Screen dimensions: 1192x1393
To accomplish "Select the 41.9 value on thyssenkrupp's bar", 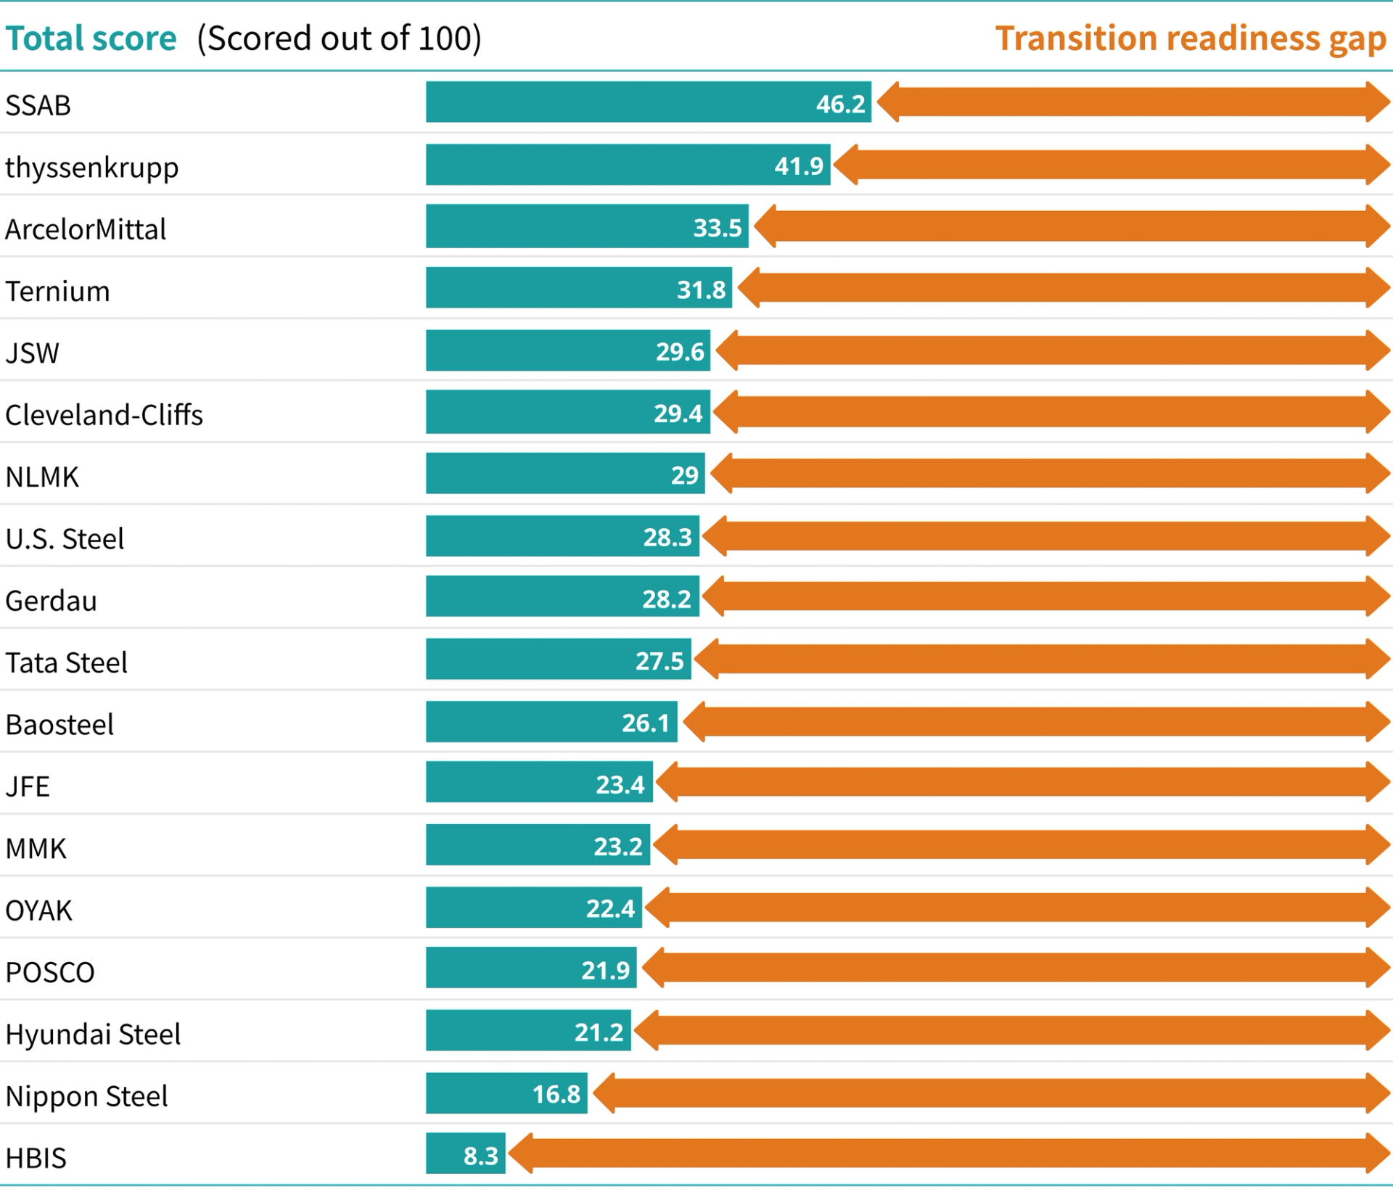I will [799, 166].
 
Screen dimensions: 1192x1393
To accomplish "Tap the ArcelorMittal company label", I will [86, 229].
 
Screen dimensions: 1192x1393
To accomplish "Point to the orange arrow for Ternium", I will [1064, 288].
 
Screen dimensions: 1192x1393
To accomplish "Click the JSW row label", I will [33, 353].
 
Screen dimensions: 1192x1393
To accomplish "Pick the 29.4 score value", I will [678, 414].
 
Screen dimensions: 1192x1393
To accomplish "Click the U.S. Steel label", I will [65, 539].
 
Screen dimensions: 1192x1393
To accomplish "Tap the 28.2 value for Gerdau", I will [666, 599].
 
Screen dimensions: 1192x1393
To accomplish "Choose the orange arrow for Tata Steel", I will [1042, 659].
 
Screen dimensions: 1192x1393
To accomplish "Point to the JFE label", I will [28, 786].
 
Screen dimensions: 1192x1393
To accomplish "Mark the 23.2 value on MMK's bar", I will [618, 847].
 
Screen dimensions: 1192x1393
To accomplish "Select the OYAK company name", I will [39, 911].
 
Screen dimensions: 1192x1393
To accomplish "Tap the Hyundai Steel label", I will [93, 1035].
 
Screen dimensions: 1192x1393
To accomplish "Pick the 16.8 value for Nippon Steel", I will [556, 1094].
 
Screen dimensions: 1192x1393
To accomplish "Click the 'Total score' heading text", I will [91, 38].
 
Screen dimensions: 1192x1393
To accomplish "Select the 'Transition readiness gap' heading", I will [1190, 38].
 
